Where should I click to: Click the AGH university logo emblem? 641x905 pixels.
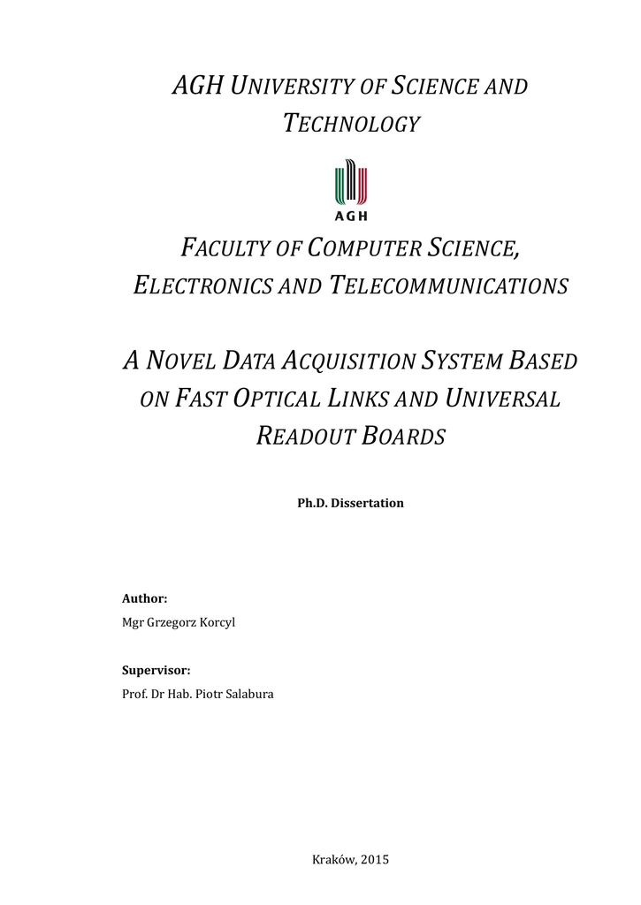pyautogui.click(x=351, y=189)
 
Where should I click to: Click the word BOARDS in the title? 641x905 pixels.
pyautogui.click(x=404, y=436)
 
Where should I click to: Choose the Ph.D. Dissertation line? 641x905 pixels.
pyautogui.click(x=350, y=503)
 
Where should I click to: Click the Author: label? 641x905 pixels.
pyautogui.click(x=144, y=598)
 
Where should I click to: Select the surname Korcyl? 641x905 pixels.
pyautogui.click(x=216, y=622)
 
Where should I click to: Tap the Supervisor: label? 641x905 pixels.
pyautogui.click(x=156, y=671)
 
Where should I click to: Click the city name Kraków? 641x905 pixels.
pyautogui.click(x=332, y=860)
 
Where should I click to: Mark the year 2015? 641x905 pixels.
pyautogui.click(x=375, y=860)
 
